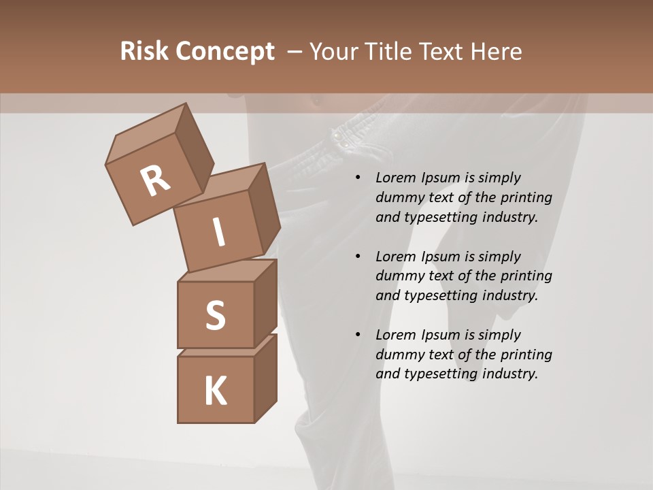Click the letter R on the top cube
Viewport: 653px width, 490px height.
(155, 181)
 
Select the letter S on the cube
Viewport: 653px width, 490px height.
(215, 316)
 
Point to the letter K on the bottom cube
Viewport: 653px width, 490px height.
(215, 391)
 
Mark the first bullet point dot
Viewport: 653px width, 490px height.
(358, 178)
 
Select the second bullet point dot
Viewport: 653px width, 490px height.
(358, 257)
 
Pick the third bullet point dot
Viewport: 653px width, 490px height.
(358, 335)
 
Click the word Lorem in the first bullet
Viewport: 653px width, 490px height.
(395, 178)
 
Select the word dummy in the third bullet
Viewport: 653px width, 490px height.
(398, 355)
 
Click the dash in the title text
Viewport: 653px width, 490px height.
(295, 51)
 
